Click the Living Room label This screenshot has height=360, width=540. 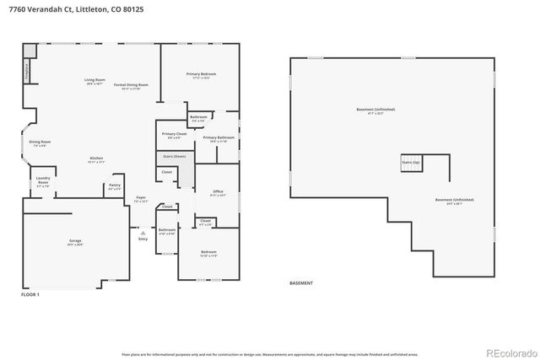tap(94, 81)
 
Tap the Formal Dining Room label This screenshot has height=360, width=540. tap(131, 85)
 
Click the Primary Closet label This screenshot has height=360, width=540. tap(175, 134)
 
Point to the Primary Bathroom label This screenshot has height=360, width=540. tap(219, 137)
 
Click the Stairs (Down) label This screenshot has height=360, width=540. tap(174, 156)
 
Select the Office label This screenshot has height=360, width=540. tap(218, 191)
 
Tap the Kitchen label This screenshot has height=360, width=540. tap(98, 159)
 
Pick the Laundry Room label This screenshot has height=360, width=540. tap(42, 182)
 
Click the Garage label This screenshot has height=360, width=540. tap(75, 241)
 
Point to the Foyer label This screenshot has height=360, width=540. tap(141, 200)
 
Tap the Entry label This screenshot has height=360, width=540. tap(143, 239)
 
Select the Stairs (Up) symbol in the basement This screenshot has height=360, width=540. tap(411, 164)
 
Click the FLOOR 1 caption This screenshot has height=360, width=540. tap(30, 294)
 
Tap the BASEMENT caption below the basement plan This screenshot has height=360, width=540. tap(301, 282)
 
